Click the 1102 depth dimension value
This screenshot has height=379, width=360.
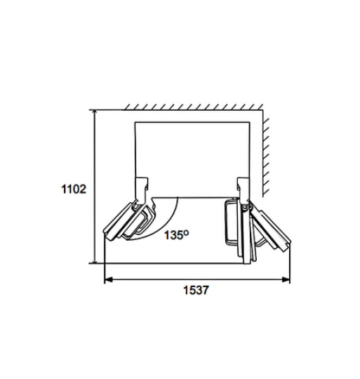[73, 188]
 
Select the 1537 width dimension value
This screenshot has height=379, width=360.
[196, 289]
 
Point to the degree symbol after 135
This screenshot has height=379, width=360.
[186, 232]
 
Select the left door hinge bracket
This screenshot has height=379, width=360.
[141, 187]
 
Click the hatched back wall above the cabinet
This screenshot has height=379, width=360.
[189, 107]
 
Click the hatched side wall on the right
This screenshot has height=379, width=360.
[267, 151]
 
